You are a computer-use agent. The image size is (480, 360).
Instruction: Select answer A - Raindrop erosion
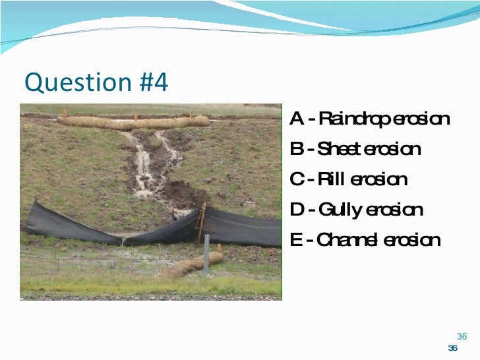click(x=369, y=119)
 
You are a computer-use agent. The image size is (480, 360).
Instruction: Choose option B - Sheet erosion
click(x=355, y=149)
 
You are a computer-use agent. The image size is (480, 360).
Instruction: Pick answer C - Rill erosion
click(x=348, y=179)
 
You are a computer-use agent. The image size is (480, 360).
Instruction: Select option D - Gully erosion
click(x=356, y=210)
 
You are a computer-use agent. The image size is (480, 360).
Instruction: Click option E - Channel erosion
click(x=365, y=240)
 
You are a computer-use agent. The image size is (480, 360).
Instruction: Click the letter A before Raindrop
click(x=296, y=119)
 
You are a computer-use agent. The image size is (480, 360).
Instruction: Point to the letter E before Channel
click(x=295, y=240)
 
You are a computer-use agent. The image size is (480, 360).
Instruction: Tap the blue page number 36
click(x=462, y=336)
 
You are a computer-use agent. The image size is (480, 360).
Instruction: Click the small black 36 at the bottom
click(x=452, y=348)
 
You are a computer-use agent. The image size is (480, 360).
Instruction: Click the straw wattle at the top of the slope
click(x=132, y=122)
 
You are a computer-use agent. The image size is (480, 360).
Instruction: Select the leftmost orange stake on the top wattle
click(x=64, y=113)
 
